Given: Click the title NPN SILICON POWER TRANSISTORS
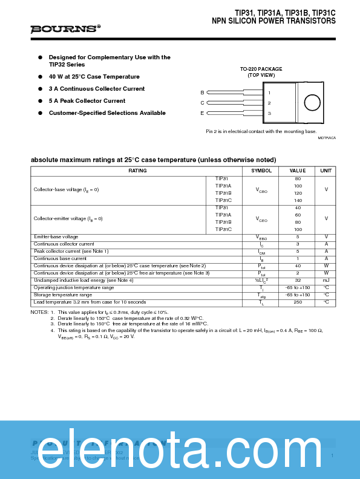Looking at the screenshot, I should pyautogui.click(x=273, y=21).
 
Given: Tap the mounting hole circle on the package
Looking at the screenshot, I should pyautogui.click(x=312, y=102).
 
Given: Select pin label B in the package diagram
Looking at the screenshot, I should pyautogui.click(x=202, y=93).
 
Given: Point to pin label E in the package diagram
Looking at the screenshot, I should pyautogui.click(x=202, y=113).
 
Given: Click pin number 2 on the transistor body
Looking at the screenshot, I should pyautogui.click(x=269, y=103).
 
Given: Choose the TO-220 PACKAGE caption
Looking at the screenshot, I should pyautogui.click(x=261, y=69).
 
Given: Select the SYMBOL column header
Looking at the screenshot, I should pyautogui.click(x=261, y=171).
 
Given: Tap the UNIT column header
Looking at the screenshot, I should pyautogui.click(x=326, y=171).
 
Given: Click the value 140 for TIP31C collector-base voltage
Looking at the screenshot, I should pyautogui.click(x=298, y=200).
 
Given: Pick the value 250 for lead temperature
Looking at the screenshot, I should pyautogui.click(x=298, y=302).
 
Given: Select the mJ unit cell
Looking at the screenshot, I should pyautogui.click(x=326, y=280).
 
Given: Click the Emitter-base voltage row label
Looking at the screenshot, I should pyautogui.click(x=56, y=236).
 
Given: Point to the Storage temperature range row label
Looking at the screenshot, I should pyautogui.click(x=63, y=295).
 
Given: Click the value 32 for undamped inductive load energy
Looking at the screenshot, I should pyautogui.click(x=298, y=280).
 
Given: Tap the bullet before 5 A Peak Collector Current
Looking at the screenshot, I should pyautogui.click(x=40, y=101).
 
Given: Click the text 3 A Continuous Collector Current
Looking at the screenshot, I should pyautogui.click(x=97, y=89).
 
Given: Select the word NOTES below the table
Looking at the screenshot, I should pyautogui.click(x=39, y=312).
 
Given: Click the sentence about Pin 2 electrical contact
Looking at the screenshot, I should pyautogui.click(x=261, y=131).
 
